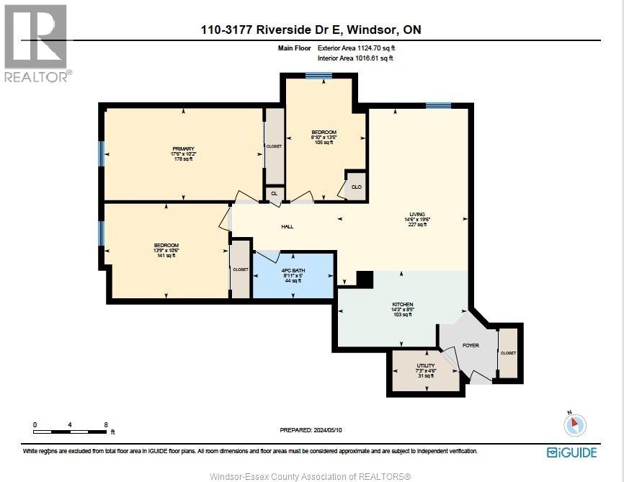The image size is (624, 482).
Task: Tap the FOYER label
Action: pyautogui.click(x=471, y=346)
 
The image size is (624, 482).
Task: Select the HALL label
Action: pyautogui.click(x=288, y=227)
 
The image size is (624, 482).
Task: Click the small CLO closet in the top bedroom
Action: pyautogui.click(x=356, y=187)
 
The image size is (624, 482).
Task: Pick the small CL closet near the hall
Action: pyautogui.click(x=274, y=193)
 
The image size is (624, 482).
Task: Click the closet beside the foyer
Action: pyautogui.click(x=509, y=353)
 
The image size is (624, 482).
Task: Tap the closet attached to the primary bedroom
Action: pyautogui.click(x=274, y=146)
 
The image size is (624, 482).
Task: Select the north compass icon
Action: pyautogui.click(x=574, y=424)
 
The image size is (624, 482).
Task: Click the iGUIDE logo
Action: pyautogui.click(x=571, y=452)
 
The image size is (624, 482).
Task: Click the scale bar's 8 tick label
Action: pyautogui.click(x=106, y=425)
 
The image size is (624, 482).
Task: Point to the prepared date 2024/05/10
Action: pyautogui.click(x=312, y=430)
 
